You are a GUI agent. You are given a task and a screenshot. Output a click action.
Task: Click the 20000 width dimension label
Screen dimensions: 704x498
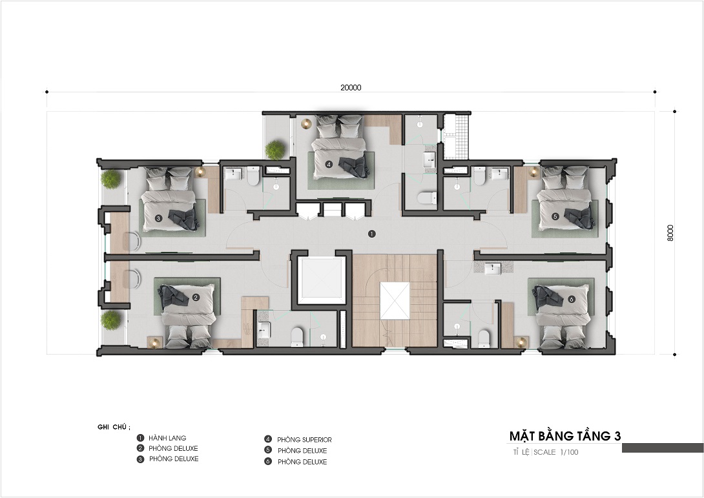pyautogui.click(x=351, y=88)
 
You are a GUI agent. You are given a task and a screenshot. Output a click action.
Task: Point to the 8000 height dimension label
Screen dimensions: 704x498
pyautogui.click(x=671, y=233)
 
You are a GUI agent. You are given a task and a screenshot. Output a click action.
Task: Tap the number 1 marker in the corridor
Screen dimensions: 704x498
pyautogui.click(x=371, y=234)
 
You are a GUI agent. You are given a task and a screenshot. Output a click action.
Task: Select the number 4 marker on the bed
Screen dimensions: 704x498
pyautogui.click(x=329, y=164)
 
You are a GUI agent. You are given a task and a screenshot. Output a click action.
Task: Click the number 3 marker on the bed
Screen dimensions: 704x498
pyautogui.click(x=158, y=219)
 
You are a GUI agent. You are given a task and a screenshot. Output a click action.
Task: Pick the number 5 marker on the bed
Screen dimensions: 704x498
pyautogui.click(x=555, y=216)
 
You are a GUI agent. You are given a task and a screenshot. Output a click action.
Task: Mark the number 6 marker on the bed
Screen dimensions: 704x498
pyautogui.click(x=571, y=298)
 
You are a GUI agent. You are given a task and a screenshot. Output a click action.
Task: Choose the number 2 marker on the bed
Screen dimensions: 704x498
pyautogui.click(x=196, y=297)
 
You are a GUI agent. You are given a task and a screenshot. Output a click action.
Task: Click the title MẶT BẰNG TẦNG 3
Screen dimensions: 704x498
pyautogui.click(x=565, y=435)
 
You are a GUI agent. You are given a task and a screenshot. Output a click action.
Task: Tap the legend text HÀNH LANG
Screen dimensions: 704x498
pyautogui.click(x=167, y=438)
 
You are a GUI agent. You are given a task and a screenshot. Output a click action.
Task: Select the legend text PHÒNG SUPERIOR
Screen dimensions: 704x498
pyautogui.click(x=304, y=440)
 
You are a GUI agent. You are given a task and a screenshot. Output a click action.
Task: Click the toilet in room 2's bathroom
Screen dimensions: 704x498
pyautogui.click(x=297, y=337)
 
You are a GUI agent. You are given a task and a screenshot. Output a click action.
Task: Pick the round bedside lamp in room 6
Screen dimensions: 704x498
pyautogui.click(x=521, y=342)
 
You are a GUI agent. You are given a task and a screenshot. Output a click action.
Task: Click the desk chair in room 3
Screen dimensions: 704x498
pyautogui.click(x=133, y=241)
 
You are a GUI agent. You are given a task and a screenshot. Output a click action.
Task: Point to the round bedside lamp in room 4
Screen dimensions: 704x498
pyautogui.click(x=306, y=123)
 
